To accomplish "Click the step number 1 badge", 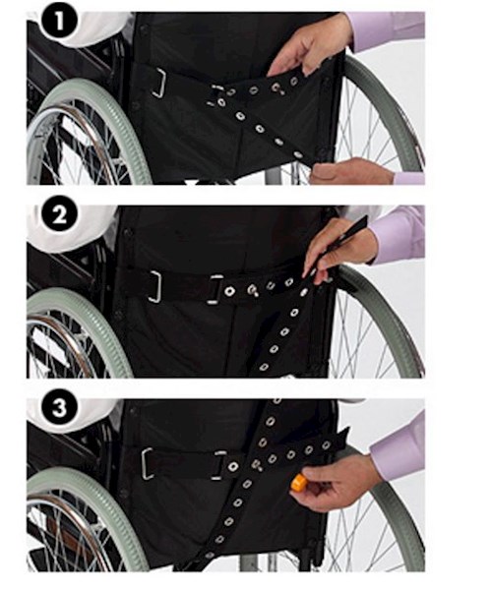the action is point(59,22).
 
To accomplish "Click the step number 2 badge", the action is point(59,215).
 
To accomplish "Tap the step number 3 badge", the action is point(59,409).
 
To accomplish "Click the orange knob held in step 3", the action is point(297,483).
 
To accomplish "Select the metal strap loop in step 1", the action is point(158,83).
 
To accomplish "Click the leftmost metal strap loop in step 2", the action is point(155,287).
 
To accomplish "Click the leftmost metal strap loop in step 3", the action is point(148,463).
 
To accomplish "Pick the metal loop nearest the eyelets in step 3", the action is point(218,466).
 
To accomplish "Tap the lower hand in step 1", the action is point(350,172).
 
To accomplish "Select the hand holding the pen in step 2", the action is point(338,250).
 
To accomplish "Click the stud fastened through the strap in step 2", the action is point(252,290).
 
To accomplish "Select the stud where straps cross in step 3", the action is point(257,465).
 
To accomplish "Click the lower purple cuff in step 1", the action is point(409,178).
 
